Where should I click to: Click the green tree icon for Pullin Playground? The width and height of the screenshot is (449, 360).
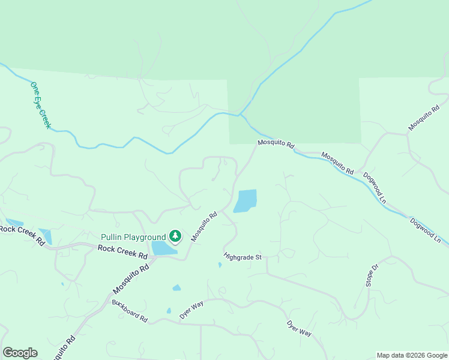point(175,236)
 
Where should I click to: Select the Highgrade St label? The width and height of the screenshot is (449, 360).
point(243,257)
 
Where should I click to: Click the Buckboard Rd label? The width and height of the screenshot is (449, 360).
point(129,310)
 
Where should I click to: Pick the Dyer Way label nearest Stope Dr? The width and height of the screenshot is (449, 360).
point(299,328)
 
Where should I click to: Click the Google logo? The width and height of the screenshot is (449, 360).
point(20,353)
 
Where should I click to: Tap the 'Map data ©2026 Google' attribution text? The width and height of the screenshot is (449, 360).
point(412,355)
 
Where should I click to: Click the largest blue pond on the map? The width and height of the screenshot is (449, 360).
point(246,201)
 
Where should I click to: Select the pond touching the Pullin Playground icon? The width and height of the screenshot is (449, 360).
point(162,248)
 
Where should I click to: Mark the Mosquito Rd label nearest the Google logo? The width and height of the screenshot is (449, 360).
point(63,347)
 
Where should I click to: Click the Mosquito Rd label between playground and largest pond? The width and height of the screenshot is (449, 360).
point(203,226)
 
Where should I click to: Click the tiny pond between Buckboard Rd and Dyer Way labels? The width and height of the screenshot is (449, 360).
point(169,311)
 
